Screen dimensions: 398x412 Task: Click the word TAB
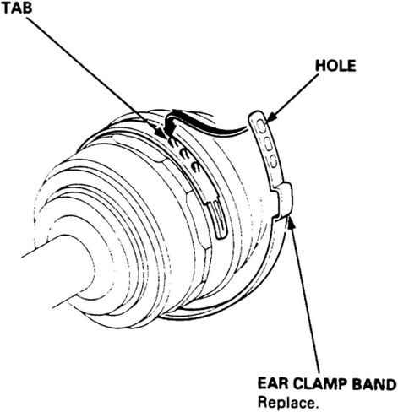coord(17,8)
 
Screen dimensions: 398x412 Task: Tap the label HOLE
coord(335,66)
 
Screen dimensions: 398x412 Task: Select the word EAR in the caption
coord(272,384)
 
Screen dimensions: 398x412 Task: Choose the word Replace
coord(288,403)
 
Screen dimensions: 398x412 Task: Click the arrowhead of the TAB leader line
coord(162,133)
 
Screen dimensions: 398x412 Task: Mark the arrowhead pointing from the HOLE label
coord(270,117)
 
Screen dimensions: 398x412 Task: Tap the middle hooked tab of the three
coord(185,155)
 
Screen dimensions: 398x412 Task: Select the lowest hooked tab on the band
coord(196,167)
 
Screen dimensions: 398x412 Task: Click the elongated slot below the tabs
coord(219,218)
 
